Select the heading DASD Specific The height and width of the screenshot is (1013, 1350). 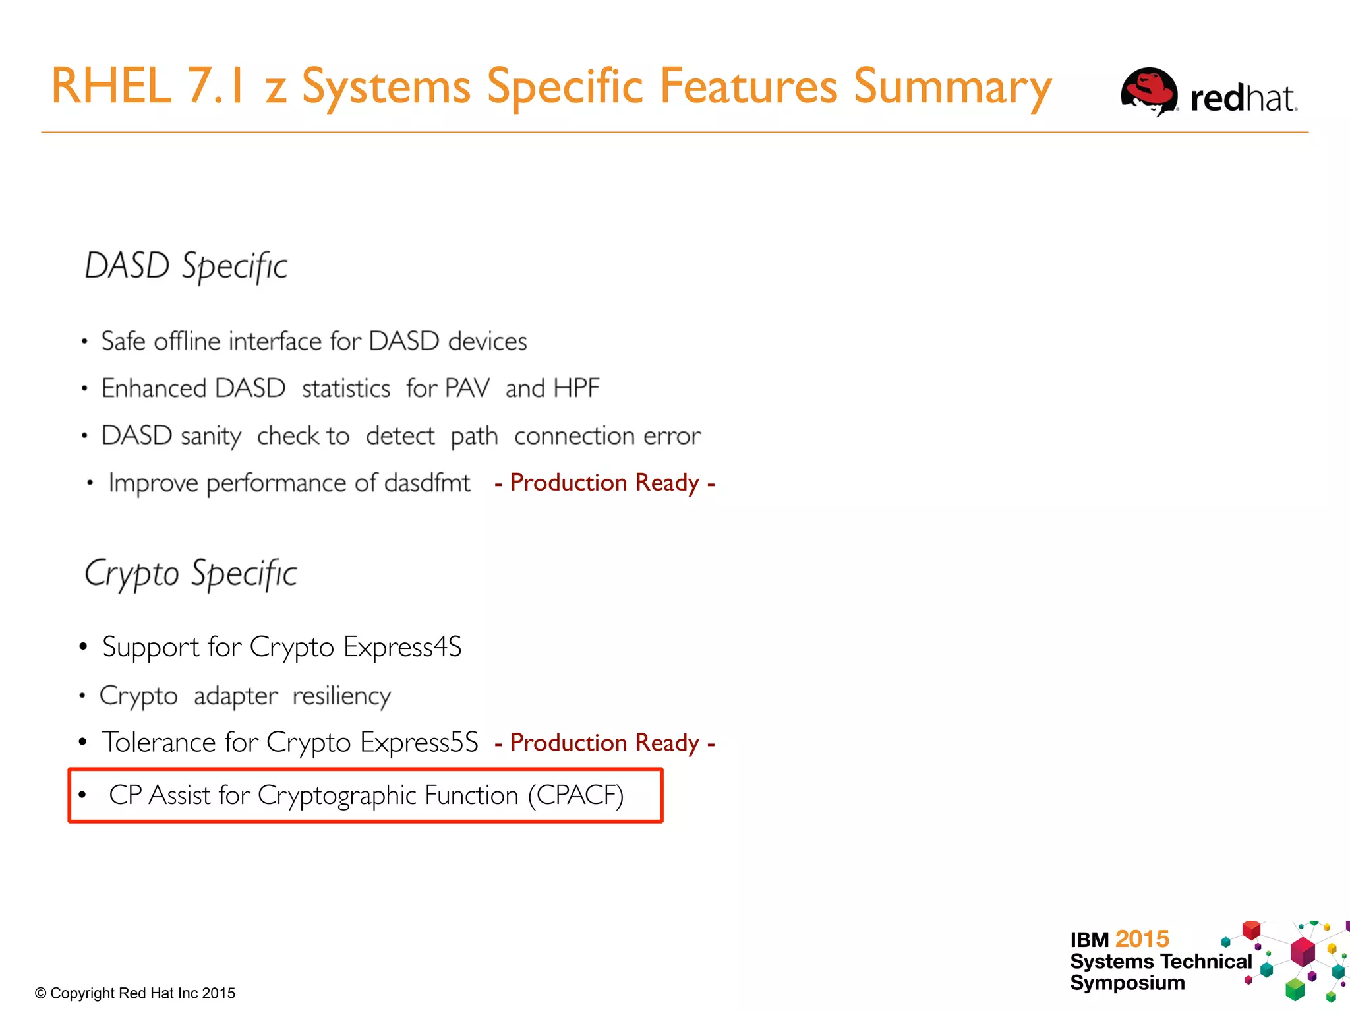[x=186, y=266]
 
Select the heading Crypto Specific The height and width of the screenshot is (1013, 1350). [x=191, y=574]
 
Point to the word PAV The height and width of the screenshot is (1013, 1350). [x=466, y=388]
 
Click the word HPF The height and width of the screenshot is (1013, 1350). [x=576, y=388]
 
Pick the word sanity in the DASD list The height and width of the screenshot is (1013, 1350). [x=211, y=437]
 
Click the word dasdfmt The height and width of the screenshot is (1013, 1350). [x=427, y=483]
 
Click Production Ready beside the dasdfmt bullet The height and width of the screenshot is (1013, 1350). [x=604, y=483]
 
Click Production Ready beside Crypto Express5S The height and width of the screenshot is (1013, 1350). [x=604, y=743]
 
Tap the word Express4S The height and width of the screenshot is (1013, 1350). [x=402, y=647]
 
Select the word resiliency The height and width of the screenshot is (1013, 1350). [x=341, y=696]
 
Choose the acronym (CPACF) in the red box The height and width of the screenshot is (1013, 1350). [x=575, y=795]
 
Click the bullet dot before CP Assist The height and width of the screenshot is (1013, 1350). [x=82, y=795]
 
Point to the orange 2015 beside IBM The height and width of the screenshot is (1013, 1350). [x=1142, y=939]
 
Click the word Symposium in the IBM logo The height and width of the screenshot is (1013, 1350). [x=1127, y=983]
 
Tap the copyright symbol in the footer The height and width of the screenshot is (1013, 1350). [x=41, y=993]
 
